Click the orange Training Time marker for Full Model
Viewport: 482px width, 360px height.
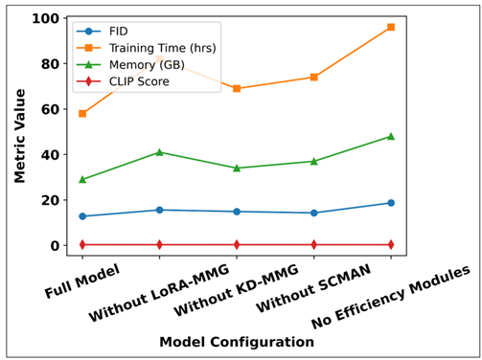tap(82, 114)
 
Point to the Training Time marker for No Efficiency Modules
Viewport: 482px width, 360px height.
tap(390, 27)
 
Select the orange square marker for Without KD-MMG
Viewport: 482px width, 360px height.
tap(237, 88)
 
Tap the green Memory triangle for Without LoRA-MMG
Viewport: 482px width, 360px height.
tap(159, 152)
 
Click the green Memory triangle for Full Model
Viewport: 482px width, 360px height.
tap(82, 179)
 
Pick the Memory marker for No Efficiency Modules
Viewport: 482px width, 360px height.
tap(390, 136)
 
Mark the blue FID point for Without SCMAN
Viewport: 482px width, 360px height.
tap(313, 213)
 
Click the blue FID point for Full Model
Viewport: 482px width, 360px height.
tap(82, 216)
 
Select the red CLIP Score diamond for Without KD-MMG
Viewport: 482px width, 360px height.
tap(237, 244)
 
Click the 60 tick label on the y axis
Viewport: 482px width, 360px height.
tap(45, 109)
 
